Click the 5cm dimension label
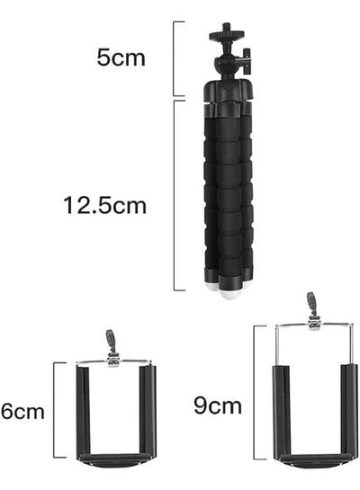tap(121, 58)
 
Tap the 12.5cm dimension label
tap(104, 205)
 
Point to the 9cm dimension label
tap(218, 405)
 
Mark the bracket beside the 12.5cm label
tap(175, 196)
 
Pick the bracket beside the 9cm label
tap(255, 393)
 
